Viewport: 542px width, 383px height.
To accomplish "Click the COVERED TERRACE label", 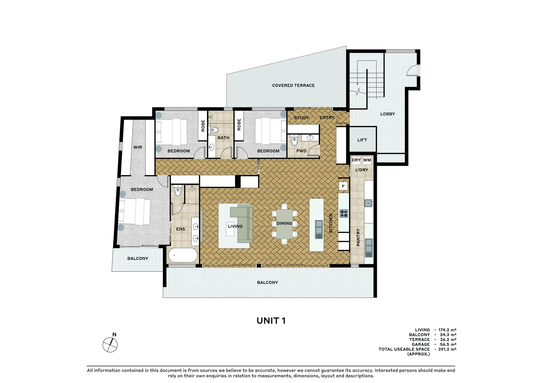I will pyautogui.click(x=293, y=85).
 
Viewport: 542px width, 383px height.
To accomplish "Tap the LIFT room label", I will pyautogui.click(x=362, y=140).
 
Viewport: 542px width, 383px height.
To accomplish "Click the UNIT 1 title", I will pyautogui.click(x=271, y=321).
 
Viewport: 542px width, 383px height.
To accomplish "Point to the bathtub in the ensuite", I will pyautogui.click(x=183, y=255).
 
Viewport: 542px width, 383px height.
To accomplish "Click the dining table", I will pyautogui.click(x=284, y=224).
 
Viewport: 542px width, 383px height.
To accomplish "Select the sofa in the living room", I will pyautogui.click(x=243, y=223).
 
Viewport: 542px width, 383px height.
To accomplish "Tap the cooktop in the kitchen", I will pyautogui.click(x=344, y=213).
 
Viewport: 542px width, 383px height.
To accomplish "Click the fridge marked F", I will pyautogui.click(x=343, y=186).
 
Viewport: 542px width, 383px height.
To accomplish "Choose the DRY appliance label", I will pyautogui.click(x=356, y=160).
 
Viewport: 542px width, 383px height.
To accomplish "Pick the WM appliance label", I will pyautogui.click(x=367, y=160).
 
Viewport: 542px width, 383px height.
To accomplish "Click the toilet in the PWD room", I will pyautogui.click(x=294, y=141).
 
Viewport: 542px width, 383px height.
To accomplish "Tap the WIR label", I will pyautogui.click(x=138, y=147).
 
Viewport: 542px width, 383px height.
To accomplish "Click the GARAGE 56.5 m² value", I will pyautogui.click(x=448, y=344).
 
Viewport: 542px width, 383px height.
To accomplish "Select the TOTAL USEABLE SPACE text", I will pyautogui.click(x=404, y=349).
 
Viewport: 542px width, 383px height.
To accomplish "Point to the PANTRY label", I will pyautogui.click(x=358, y=237).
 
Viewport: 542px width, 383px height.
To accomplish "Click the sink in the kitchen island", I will pyautogui.click(x=319, y=229).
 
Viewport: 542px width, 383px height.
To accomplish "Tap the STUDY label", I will pyautogui.click(x=301, y=118).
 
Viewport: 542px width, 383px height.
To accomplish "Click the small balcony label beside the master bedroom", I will pyautogui.click(x=138, y=259).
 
